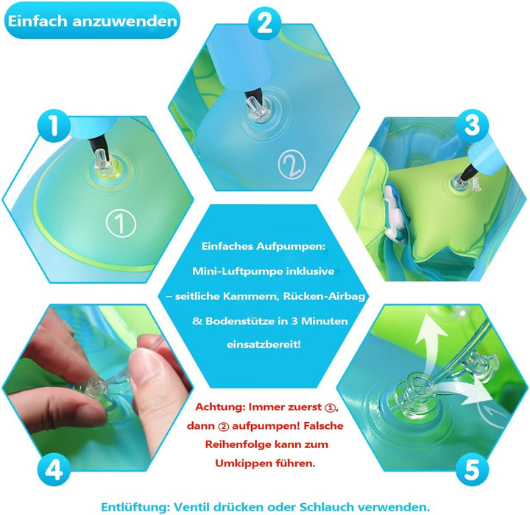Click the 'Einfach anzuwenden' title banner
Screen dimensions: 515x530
pyautogui.click(x=92, y=21)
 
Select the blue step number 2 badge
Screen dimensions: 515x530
pyautogui.click(x=264, y=24)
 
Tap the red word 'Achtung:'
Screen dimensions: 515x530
pyautogui.click(x=219, y=406)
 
